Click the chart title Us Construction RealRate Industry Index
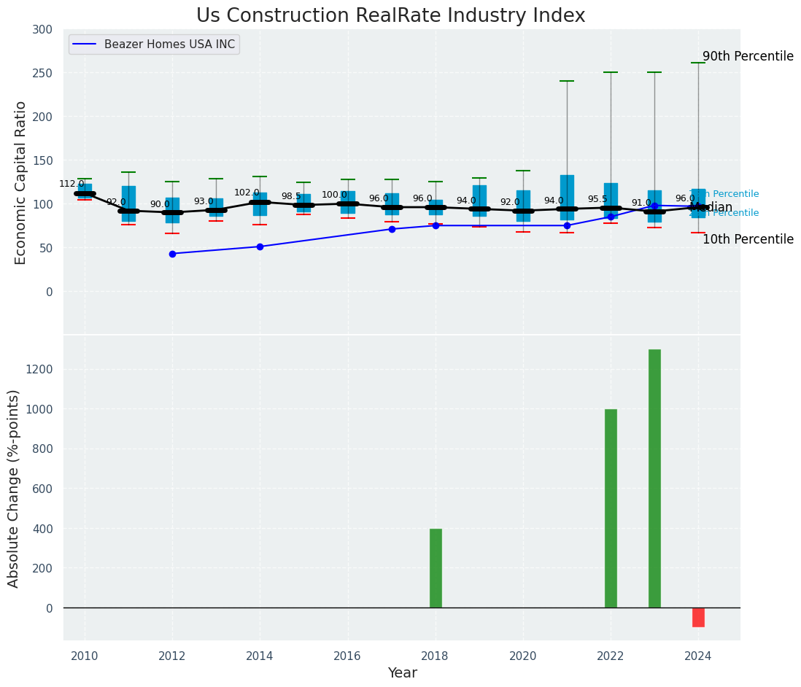click(x=390, y=16)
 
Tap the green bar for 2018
click(x=436, y=568)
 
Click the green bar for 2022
click(x=611, y=508)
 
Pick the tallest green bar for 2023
click(x=654, y=478)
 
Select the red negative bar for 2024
click(x=698, y=617)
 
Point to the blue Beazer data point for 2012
click(x=172, y=254)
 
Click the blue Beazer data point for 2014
click(x=260, y=247)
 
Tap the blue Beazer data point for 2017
click(x=392, y=229)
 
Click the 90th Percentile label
click(x=748, y=57)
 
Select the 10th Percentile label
click(x=748, y=239)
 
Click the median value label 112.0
click(x=71, y=185)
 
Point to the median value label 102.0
click(x=247, y=193)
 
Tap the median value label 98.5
click(x=291, y=197)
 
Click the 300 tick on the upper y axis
click(x=42, y=29)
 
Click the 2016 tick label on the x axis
click(x=347, y=655)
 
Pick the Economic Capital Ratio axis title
click(x=21, y=182)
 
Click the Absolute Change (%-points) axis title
click(x=14, y=488)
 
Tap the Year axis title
click(x=402, y=673)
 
